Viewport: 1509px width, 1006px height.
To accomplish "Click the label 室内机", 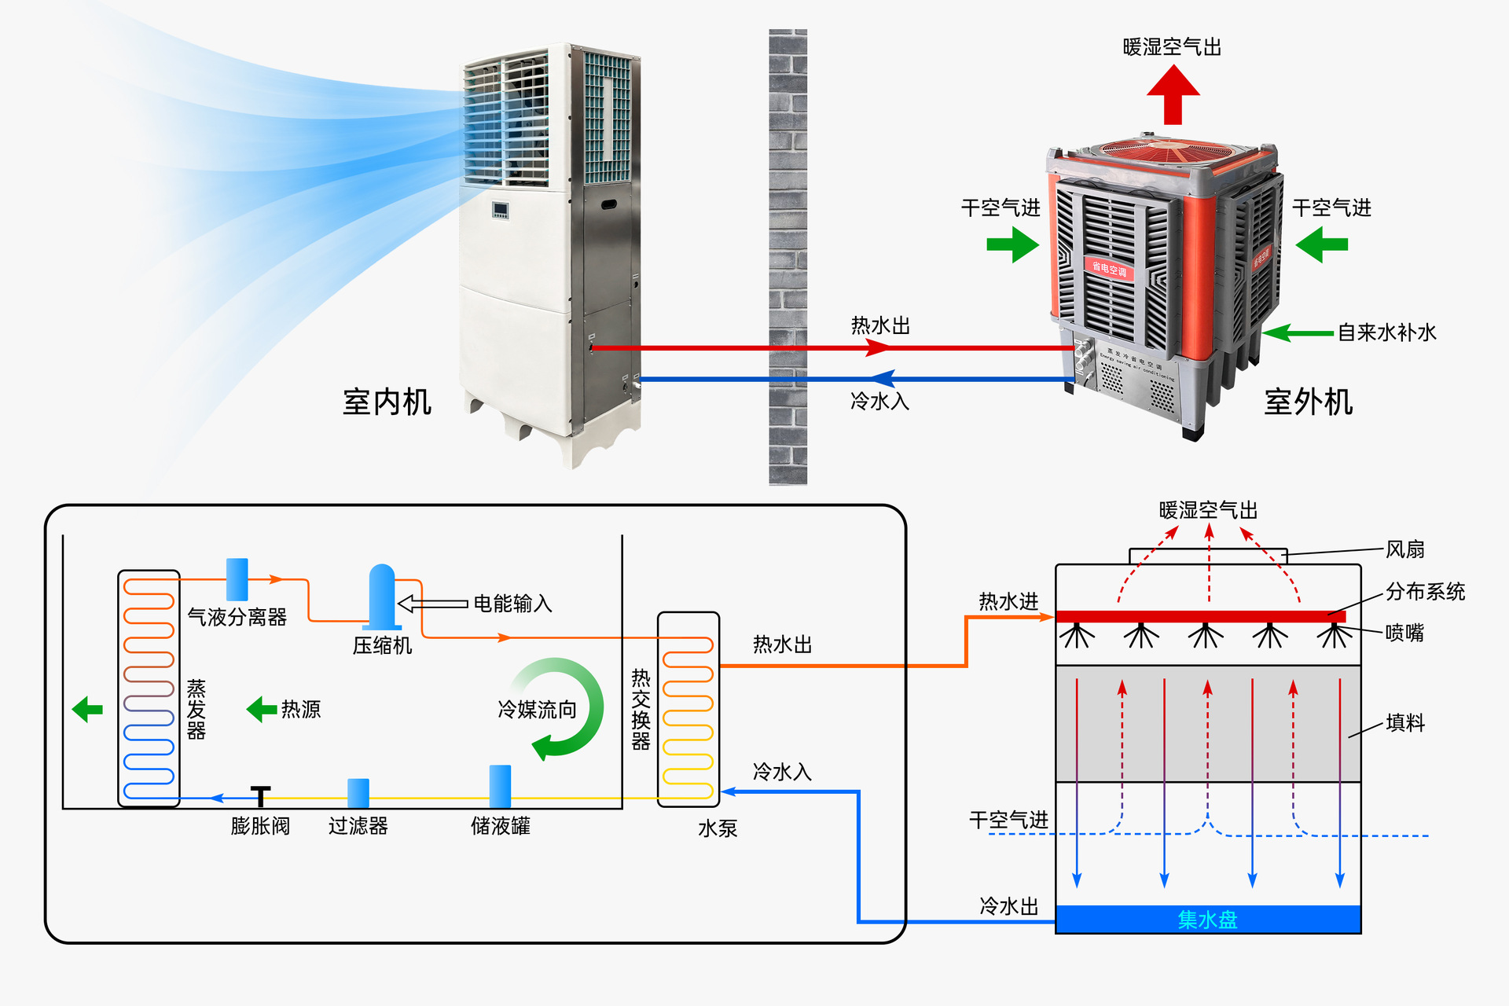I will pos(387,402).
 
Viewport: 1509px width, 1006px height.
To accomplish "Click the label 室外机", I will pos(1308,402).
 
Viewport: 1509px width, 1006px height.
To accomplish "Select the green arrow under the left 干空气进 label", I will pos(1012,244).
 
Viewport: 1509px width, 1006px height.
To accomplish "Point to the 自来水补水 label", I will pos(1387,332).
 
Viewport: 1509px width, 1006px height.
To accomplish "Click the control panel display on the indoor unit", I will pos(500,210).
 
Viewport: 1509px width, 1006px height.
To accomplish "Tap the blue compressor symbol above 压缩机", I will pos(382,596).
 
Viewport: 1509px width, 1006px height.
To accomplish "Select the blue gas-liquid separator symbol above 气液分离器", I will pos(237,579).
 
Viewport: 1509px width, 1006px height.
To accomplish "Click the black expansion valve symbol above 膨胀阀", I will pos(260,795).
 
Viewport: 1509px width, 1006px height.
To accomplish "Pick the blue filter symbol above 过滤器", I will pos(358,792).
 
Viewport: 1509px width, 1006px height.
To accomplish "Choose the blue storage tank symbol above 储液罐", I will pos(500,785).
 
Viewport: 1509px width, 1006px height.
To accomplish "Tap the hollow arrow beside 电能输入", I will pos(432,604).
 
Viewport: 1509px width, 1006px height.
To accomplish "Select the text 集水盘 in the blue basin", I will pos(1207,920).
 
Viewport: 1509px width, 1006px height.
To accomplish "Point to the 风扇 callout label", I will pos(1404,549).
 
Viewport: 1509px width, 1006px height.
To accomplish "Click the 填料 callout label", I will pos(1404,723).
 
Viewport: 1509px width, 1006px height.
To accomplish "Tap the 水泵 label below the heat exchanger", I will pos(718,828).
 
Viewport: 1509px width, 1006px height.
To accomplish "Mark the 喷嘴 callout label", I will pos(1404,633).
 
